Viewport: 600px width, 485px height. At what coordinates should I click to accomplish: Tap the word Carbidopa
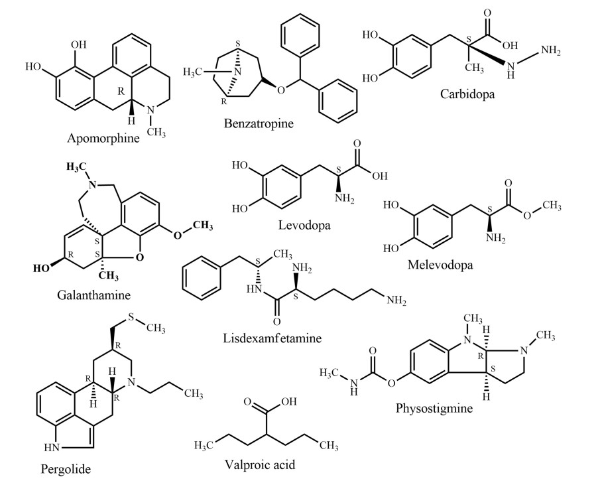coord(467,94)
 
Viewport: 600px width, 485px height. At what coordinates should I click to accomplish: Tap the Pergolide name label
coord(64,469)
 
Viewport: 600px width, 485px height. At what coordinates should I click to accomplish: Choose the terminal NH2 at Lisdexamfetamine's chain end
coord(396,302)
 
